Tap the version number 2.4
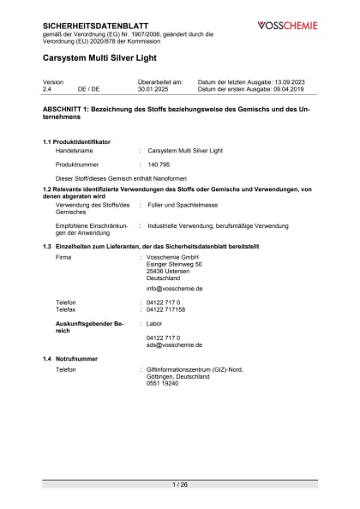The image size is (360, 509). pyautogui.click(x=47, y=88)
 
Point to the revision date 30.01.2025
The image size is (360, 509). pyautogui.click(x=155, y=88)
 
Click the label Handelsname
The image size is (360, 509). pyautogui.click(x=74, y=149)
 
